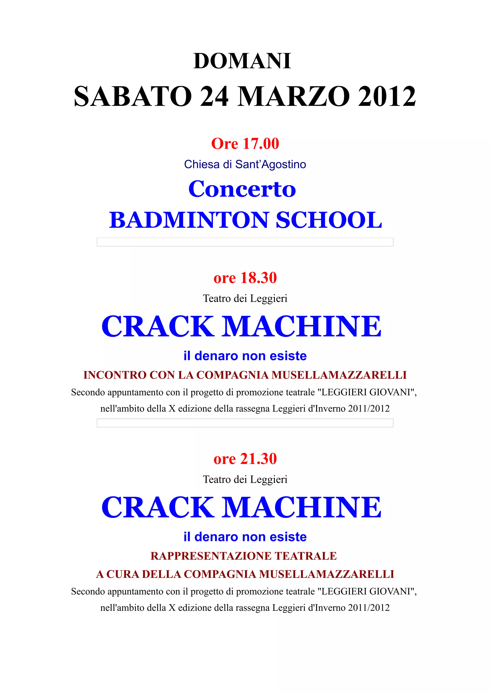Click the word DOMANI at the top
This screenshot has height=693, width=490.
pos(242,61)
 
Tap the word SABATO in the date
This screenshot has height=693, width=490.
pos(133,97)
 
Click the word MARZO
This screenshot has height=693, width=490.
pos(294,97)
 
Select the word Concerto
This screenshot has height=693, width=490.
pos(242,189)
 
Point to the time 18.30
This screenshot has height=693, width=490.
pos(258,278)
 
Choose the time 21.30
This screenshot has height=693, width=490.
pos(258,459)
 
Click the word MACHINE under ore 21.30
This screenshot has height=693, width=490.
pos(302,507)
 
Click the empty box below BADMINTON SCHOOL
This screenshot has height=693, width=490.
pos(245,242)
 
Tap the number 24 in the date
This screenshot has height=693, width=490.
pos(214,97)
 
